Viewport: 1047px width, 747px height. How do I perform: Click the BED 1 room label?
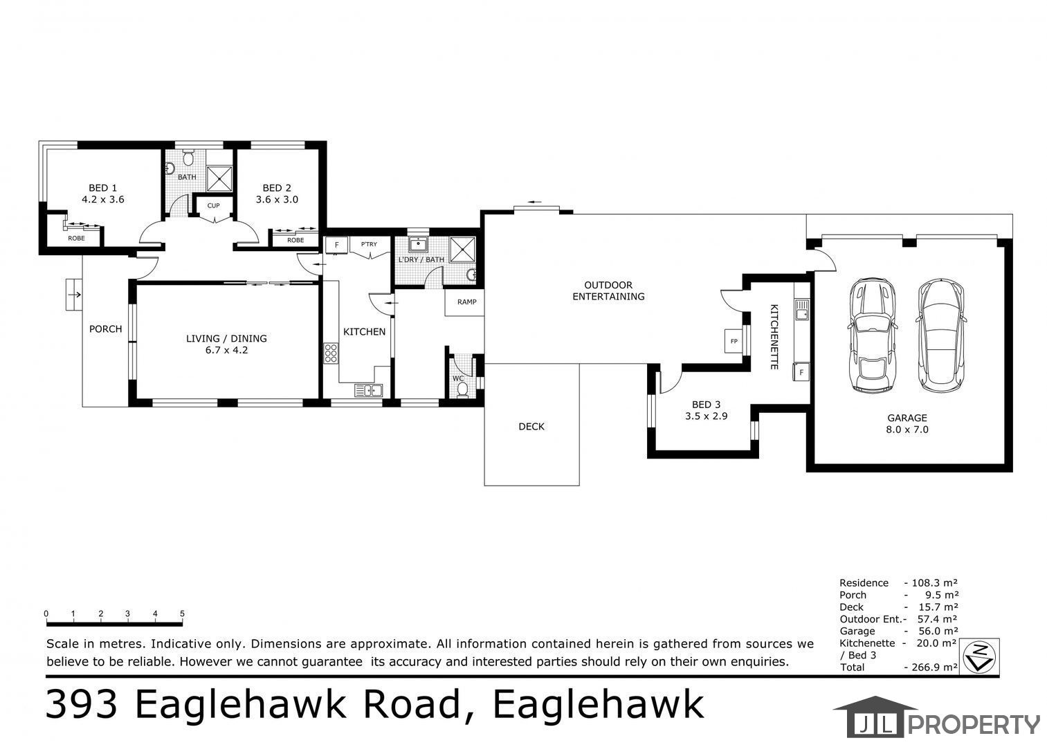click(103, 188)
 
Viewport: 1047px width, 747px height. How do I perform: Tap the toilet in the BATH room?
click(188, 158)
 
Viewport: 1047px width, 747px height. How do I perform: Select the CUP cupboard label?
click(213, 205)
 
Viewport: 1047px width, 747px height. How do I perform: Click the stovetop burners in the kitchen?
click(331, 353)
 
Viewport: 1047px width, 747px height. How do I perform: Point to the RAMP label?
click(467, 302)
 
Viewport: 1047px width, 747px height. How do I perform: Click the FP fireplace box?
click(734, 341)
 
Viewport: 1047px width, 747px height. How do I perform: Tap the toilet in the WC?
click(462, 389)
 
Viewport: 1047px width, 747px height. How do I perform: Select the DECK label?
click(531, 426)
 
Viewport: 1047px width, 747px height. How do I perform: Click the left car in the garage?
click(872, 335)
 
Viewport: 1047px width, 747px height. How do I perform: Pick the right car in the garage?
click(940, 335)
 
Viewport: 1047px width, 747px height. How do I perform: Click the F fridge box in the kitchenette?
click(801, 372)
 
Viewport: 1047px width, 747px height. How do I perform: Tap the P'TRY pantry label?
click(369, 244)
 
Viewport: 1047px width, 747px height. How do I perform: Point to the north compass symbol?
click(979, 656)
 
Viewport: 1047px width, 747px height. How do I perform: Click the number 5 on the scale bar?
click(182, 614)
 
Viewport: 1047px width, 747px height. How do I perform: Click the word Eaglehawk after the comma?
click(599, 705)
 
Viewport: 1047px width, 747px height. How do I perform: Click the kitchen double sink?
click(368, 389)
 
